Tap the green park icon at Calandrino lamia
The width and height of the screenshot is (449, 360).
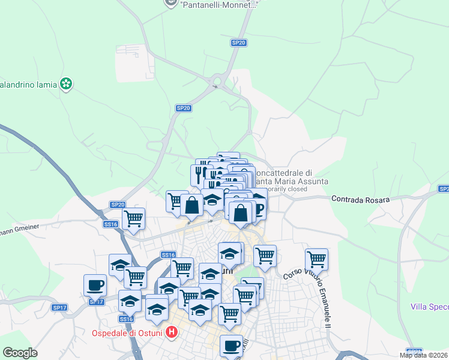[66, 85]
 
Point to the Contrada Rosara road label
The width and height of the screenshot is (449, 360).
[360, 199]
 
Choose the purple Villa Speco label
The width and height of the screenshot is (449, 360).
[430, 307]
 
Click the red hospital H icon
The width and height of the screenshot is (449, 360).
[172, 331]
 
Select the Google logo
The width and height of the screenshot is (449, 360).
[20, 353]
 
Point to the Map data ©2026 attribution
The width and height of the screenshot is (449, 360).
[424, 355]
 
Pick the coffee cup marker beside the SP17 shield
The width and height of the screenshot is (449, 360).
[95, 286]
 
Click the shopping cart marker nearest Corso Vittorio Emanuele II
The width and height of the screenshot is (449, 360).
[316, 259]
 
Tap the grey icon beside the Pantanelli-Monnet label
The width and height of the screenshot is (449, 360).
[172, 3]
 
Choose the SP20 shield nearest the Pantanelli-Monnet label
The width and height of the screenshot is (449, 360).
[239, 43]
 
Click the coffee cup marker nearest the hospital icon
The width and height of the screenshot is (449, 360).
[231, 346]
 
